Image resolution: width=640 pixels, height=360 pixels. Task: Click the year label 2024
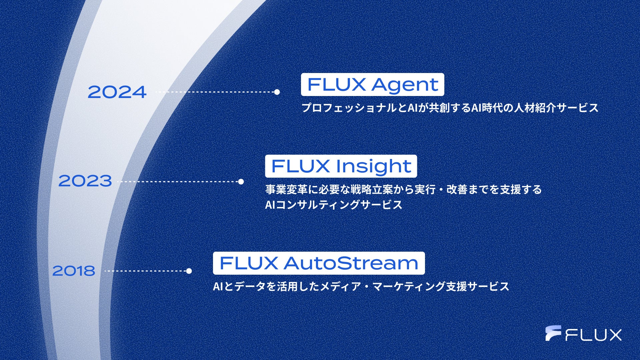(117, 92)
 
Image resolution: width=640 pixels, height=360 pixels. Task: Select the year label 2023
(85, 181)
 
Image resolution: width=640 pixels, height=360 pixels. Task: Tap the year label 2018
(74, 271)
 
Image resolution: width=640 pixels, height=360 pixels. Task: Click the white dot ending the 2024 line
(277, 92)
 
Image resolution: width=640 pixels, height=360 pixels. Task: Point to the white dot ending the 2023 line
(241, 182)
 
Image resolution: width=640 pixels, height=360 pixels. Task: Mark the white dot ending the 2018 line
(189, 271)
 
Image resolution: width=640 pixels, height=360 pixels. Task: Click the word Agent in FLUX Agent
(405, 85)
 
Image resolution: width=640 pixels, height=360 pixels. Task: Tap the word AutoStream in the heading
(351, 263)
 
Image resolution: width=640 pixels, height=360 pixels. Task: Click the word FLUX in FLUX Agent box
(336, 85)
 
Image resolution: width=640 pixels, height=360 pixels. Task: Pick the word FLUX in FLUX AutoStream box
(249, 263)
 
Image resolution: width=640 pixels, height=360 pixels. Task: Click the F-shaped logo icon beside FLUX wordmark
(553, 333)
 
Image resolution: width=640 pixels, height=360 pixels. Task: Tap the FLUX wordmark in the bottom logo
(594, 335)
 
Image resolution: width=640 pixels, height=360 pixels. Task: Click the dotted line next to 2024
(215, 92)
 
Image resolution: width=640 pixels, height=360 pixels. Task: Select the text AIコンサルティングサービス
(334, 205)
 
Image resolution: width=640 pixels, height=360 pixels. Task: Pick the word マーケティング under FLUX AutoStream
(408, 286)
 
